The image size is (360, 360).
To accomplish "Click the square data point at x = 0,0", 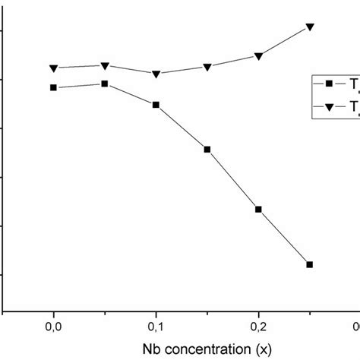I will point(53,87).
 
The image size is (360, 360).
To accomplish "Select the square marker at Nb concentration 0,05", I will point(105,84).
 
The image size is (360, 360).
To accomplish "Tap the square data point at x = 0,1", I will point(156,105).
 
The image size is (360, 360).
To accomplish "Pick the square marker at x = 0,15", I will point(207,150).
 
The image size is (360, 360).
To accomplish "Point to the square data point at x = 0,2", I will point(258,209).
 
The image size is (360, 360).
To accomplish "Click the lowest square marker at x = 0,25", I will point(310,264).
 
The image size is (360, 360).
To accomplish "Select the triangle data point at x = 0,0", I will point(53,68).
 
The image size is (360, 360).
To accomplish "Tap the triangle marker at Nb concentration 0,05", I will point(105,66).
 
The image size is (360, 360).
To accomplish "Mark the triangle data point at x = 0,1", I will point(156,74).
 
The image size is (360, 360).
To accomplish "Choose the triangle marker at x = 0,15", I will point(207,68).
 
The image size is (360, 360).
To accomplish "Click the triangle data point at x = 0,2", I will point(258,56).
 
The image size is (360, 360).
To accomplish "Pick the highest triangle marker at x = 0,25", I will point(310,27).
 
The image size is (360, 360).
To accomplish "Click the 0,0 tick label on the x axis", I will point(53,327).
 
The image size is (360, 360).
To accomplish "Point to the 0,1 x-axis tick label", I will point(156,327).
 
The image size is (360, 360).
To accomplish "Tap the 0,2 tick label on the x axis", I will point(258,327).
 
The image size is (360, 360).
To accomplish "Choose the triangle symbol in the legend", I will point(329,108).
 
